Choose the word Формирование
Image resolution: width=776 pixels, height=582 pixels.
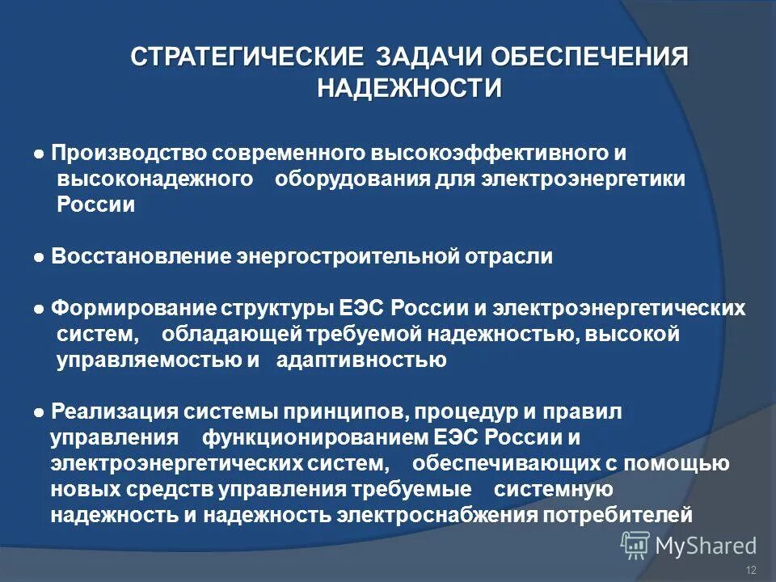coord(133,309)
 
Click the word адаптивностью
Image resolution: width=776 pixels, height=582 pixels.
coord(361,361)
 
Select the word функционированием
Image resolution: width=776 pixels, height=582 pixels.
coord(315,438)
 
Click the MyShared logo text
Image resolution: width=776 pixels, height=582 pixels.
coord(706,546)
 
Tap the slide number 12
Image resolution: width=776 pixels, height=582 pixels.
coord(751,571)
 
